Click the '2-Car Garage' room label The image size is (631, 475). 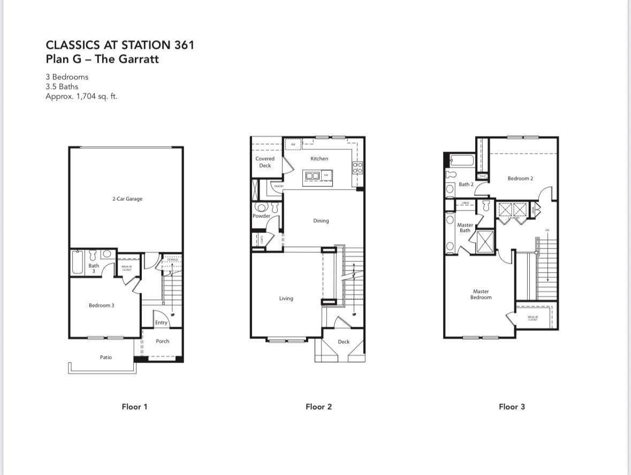tap(127, 199)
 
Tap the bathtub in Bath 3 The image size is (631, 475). tap(77, 262)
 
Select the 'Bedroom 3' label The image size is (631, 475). tap(101, 305)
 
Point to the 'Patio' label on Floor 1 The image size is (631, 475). tap(106, 357)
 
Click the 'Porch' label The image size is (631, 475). tap(162, 341)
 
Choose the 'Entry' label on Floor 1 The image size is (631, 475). tap(161, 322)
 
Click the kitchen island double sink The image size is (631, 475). tap(312, 176)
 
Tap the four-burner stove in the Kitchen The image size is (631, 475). tap(358, 168)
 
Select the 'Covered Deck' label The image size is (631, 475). tap(265, 162)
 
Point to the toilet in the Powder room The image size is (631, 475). tap(262, 207)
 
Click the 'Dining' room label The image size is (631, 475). tap(321, 221)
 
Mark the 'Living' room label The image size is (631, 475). tap(286, 298)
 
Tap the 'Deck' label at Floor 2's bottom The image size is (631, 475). tap(344, 342)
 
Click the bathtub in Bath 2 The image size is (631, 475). tap(462, 160)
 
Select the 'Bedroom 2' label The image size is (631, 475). tap(520, 178)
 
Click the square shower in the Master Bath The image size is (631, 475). tap(485, 240)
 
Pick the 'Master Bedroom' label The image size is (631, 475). tap(481, 295)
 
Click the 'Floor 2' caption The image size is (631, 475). tap(318, 406)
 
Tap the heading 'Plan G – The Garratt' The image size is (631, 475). tap(102, 59)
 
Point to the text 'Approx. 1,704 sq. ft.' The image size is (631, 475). tap(81, 96)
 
